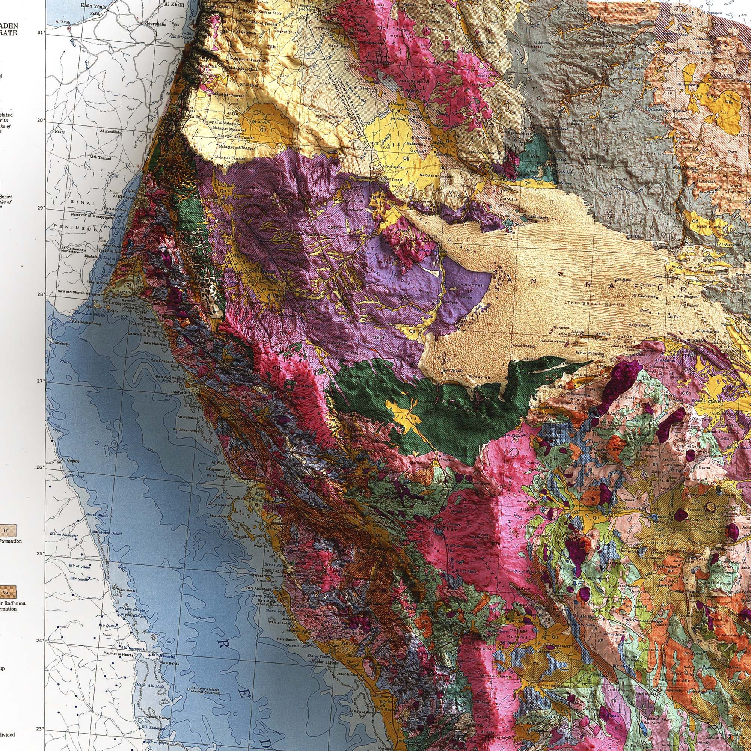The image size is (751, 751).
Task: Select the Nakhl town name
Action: coord(60,131)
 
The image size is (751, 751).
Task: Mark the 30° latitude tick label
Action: coord(40,120)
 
